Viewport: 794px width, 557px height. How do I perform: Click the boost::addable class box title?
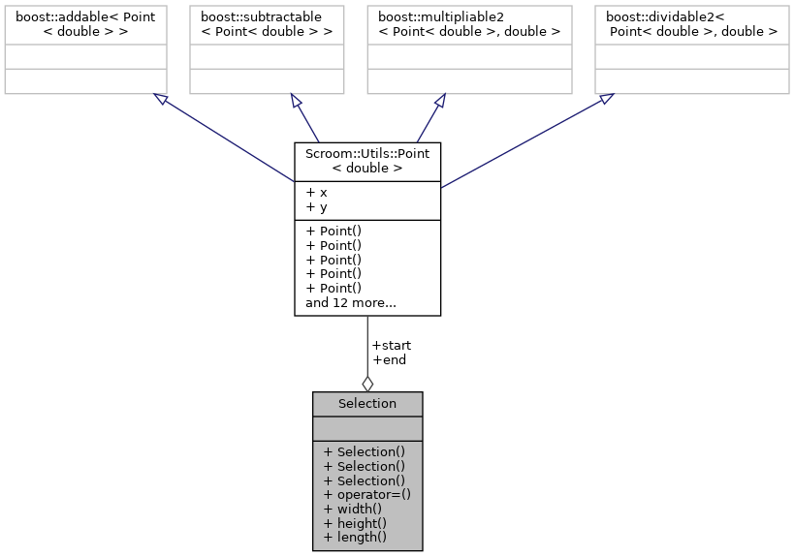point(85,24)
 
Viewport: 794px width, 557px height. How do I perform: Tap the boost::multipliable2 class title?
point(463,24)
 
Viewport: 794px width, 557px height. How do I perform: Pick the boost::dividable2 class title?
point(691,24)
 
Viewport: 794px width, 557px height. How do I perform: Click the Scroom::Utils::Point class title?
point(367,161)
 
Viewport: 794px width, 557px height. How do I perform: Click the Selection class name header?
point(366,404)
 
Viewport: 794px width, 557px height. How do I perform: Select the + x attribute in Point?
point(316,192)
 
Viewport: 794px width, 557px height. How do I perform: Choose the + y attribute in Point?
point(316,206)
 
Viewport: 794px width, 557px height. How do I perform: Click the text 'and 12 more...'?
point(350,303)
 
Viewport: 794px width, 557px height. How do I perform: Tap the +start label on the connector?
point(392,345)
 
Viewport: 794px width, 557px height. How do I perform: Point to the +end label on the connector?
point(390,359)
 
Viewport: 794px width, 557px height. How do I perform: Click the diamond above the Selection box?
point(367,383)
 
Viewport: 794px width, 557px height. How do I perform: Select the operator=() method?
point(366,494)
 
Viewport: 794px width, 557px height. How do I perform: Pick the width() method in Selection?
point(353,509)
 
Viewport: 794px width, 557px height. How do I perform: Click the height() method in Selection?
point(355,523)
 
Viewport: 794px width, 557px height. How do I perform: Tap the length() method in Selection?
point(355,538)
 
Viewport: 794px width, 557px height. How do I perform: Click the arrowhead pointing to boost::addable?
point(161,100)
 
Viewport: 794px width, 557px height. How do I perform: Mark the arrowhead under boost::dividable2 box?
point(606,99)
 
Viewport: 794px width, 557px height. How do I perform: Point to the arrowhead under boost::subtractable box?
point(297,101)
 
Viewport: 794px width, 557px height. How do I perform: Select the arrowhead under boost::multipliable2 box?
point(439,101)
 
